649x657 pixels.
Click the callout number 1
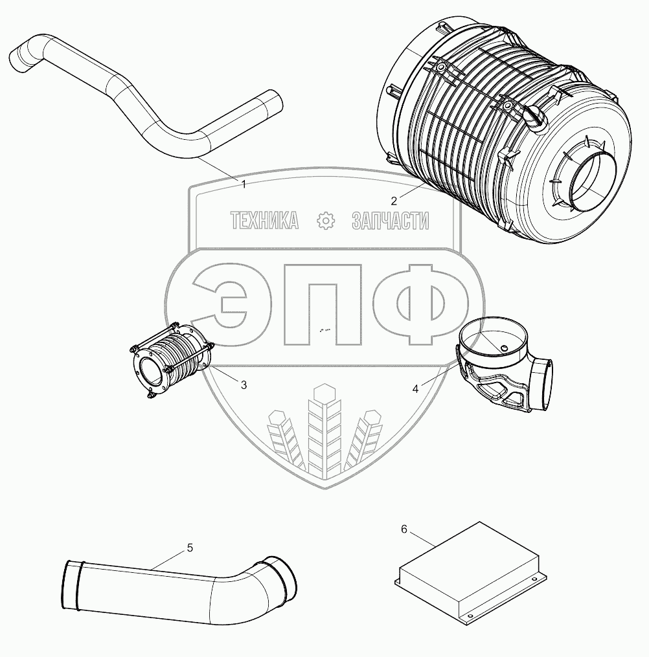click(244, 184)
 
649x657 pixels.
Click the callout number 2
click(394, 201)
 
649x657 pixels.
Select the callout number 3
click(244, 384)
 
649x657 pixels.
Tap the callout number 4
click(415, 389)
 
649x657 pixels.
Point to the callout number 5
click(190, 548)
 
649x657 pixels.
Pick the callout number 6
click(404, 529)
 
